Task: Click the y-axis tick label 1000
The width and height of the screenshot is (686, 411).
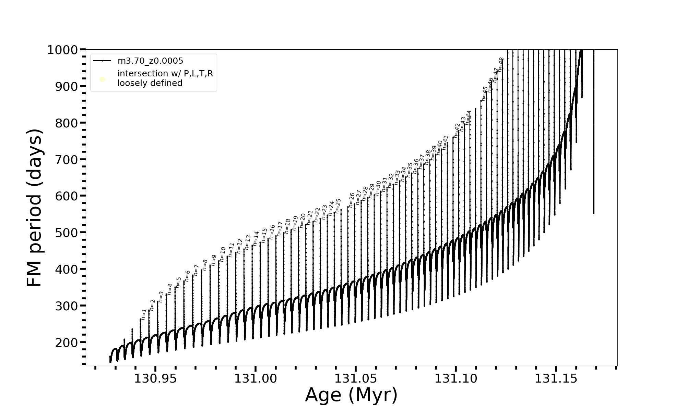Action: [x=62, y=50]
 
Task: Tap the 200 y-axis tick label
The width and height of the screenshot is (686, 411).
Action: [x=66, y=342]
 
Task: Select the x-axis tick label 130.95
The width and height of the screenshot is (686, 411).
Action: [x=155, y=379]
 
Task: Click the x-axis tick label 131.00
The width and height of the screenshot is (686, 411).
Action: [x=255, y=379]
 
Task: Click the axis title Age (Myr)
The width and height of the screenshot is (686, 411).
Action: [x=351, y=395]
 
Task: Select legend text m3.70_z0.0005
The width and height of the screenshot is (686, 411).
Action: [x=150, y=61]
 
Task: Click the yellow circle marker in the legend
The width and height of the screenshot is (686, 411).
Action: [x=102, y=79]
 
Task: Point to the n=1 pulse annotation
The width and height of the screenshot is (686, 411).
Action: [x=144, y=314]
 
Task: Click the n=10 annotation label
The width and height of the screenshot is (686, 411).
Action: [x=223, y=254]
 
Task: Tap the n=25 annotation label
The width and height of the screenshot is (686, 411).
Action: [x=338, y=206]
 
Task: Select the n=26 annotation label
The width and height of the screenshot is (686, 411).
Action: [x=352, y=200]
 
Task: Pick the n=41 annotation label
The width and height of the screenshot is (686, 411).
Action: [x=445, y=142]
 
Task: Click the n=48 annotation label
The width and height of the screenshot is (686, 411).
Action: [x=501, y=64]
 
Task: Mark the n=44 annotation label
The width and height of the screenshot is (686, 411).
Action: [x=468, y=117]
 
